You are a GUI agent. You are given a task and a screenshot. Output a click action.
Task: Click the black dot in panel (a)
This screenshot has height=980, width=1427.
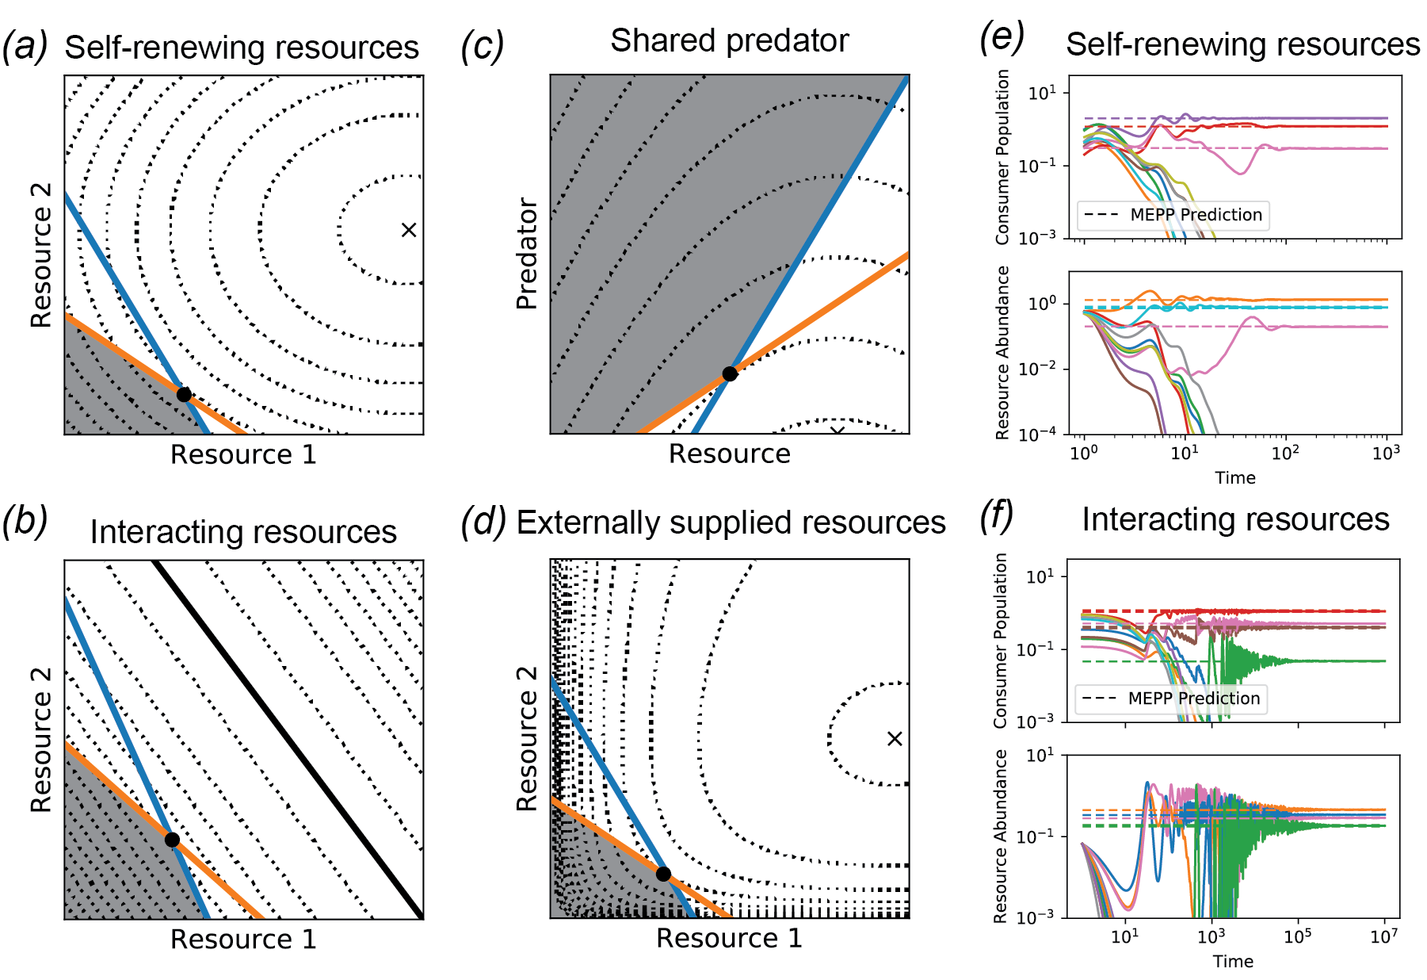(x=184, y=394)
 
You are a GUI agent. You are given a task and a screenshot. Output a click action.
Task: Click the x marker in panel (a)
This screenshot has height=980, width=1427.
(x=409, y=230)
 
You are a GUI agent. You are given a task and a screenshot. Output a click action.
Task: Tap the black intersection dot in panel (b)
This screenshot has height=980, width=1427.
(x=172, y=840)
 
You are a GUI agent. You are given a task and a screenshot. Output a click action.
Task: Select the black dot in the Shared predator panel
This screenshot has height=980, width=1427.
(x=730, y=373)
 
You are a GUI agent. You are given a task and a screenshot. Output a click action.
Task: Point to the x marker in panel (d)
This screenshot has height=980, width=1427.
(x=895, y=739)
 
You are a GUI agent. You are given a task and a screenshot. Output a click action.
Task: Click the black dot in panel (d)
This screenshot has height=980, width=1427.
(x=663, y=874)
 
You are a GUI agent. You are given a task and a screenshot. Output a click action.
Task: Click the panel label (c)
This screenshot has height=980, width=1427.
(x=482, y=47)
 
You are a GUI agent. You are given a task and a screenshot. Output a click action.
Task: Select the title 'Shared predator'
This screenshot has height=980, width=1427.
(x=729, y=40)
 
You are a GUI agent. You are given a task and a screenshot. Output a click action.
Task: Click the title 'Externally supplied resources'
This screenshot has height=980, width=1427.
(x=731, y=523)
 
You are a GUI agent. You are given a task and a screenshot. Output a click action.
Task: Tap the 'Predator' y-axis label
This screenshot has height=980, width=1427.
(x=527, y=254)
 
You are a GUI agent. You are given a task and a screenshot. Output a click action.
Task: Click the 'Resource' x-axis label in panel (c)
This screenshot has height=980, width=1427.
(x=729, y=454)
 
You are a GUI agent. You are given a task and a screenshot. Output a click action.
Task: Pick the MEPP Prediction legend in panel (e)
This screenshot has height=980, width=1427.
(x=1173, y=215)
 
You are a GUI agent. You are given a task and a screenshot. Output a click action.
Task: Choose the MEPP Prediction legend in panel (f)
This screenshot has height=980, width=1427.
(x=1171, y=699)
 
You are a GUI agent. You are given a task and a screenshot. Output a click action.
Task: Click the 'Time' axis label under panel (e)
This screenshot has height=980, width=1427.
(x=1235, y=477)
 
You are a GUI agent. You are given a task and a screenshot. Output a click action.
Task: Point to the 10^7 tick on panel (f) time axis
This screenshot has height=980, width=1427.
(x=1384, y=937)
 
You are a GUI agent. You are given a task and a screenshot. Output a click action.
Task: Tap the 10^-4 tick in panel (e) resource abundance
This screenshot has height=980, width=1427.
(x=1037, y=434)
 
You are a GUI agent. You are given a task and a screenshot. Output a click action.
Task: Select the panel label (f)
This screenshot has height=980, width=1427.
(x=997, y=516)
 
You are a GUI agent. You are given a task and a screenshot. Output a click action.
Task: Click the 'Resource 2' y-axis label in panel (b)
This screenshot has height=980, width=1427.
(x=41, y=740)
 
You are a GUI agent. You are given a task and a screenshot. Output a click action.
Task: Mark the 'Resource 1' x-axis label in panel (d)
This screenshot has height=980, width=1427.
(x=729, y=938)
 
